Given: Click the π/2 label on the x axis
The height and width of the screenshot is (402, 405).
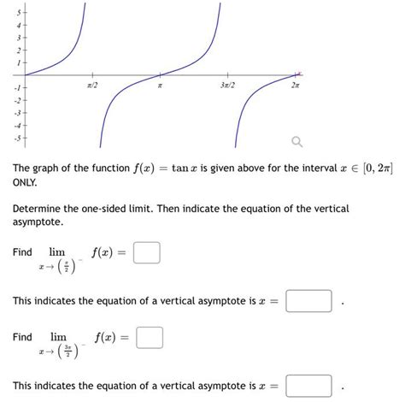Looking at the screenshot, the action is click(x=92, y=86).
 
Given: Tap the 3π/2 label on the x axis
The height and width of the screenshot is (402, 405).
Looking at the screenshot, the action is click(x=226, y=86).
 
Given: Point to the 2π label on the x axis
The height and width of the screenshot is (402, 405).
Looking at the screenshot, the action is click(x=295, y=86).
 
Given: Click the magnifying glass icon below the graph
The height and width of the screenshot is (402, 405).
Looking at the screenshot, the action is click(x=296, y=141).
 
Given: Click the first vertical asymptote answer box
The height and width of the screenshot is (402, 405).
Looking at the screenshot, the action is click(x=308, y=301).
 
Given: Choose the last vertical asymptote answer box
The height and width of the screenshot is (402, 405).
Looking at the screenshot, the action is click(x=308, y=386).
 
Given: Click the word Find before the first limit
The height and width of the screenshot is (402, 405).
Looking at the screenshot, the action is click(x=23, y=252).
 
